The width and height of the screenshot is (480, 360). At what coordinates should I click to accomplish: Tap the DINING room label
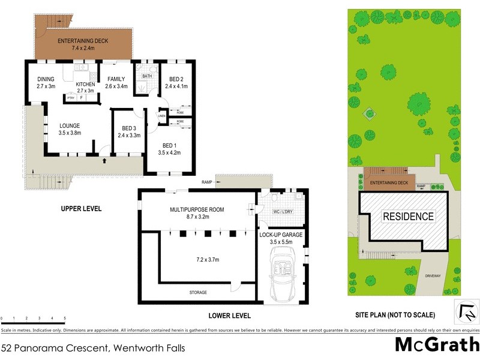(x=46, y=79)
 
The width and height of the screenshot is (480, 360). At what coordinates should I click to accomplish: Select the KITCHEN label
(x=85, y=85)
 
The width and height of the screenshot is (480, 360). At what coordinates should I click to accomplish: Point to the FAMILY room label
(x=116, y=79)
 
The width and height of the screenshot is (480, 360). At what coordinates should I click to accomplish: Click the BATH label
(x=146, y=76)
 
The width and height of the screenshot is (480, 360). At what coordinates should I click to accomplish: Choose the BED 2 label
(x=176, y=79)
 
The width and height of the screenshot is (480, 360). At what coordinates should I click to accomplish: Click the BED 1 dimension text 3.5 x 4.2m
(x=169, y=152)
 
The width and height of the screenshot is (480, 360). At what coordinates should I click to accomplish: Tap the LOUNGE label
(x=70, y=125)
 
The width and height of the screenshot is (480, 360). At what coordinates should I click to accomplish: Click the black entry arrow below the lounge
(x=106, y=161)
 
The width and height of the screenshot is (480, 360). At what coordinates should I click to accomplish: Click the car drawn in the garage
(x=281, y=277)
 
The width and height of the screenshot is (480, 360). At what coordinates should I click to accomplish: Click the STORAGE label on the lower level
(x=198, y=292)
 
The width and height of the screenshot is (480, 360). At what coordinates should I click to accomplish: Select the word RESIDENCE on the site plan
(x=408, y=217)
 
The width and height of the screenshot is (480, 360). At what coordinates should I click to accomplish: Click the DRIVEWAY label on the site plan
(x=433, y=275)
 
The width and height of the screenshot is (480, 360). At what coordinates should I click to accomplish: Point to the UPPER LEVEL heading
(x=81, y=209)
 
